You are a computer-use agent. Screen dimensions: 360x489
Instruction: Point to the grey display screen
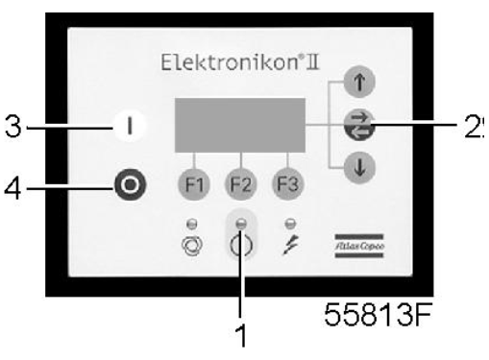(x=240, y=123)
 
